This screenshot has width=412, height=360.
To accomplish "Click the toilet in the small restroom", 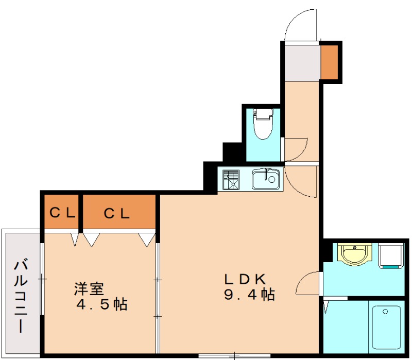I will coord(263,127).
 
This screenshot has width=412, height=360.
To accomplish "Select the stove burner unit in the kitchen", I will coord(231,180).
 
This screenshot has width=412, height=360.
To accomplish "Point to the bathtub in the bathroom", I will coord(386,327).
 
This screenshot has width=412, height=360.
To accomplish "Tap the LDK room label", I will coord(244,279).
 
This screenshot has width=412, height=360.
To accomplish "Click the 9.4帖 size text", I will coord(249,295).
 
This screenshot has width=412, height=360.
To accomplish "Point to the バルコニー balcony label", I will coord(21,296).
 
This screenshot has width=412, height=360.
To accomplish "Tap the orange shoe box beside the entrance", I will coord(330,62).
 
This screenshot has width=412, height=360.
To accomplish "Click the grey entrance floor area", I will coord(302,62).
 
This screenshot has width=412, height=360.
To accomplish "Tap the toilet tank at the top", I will coord(263,114).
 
